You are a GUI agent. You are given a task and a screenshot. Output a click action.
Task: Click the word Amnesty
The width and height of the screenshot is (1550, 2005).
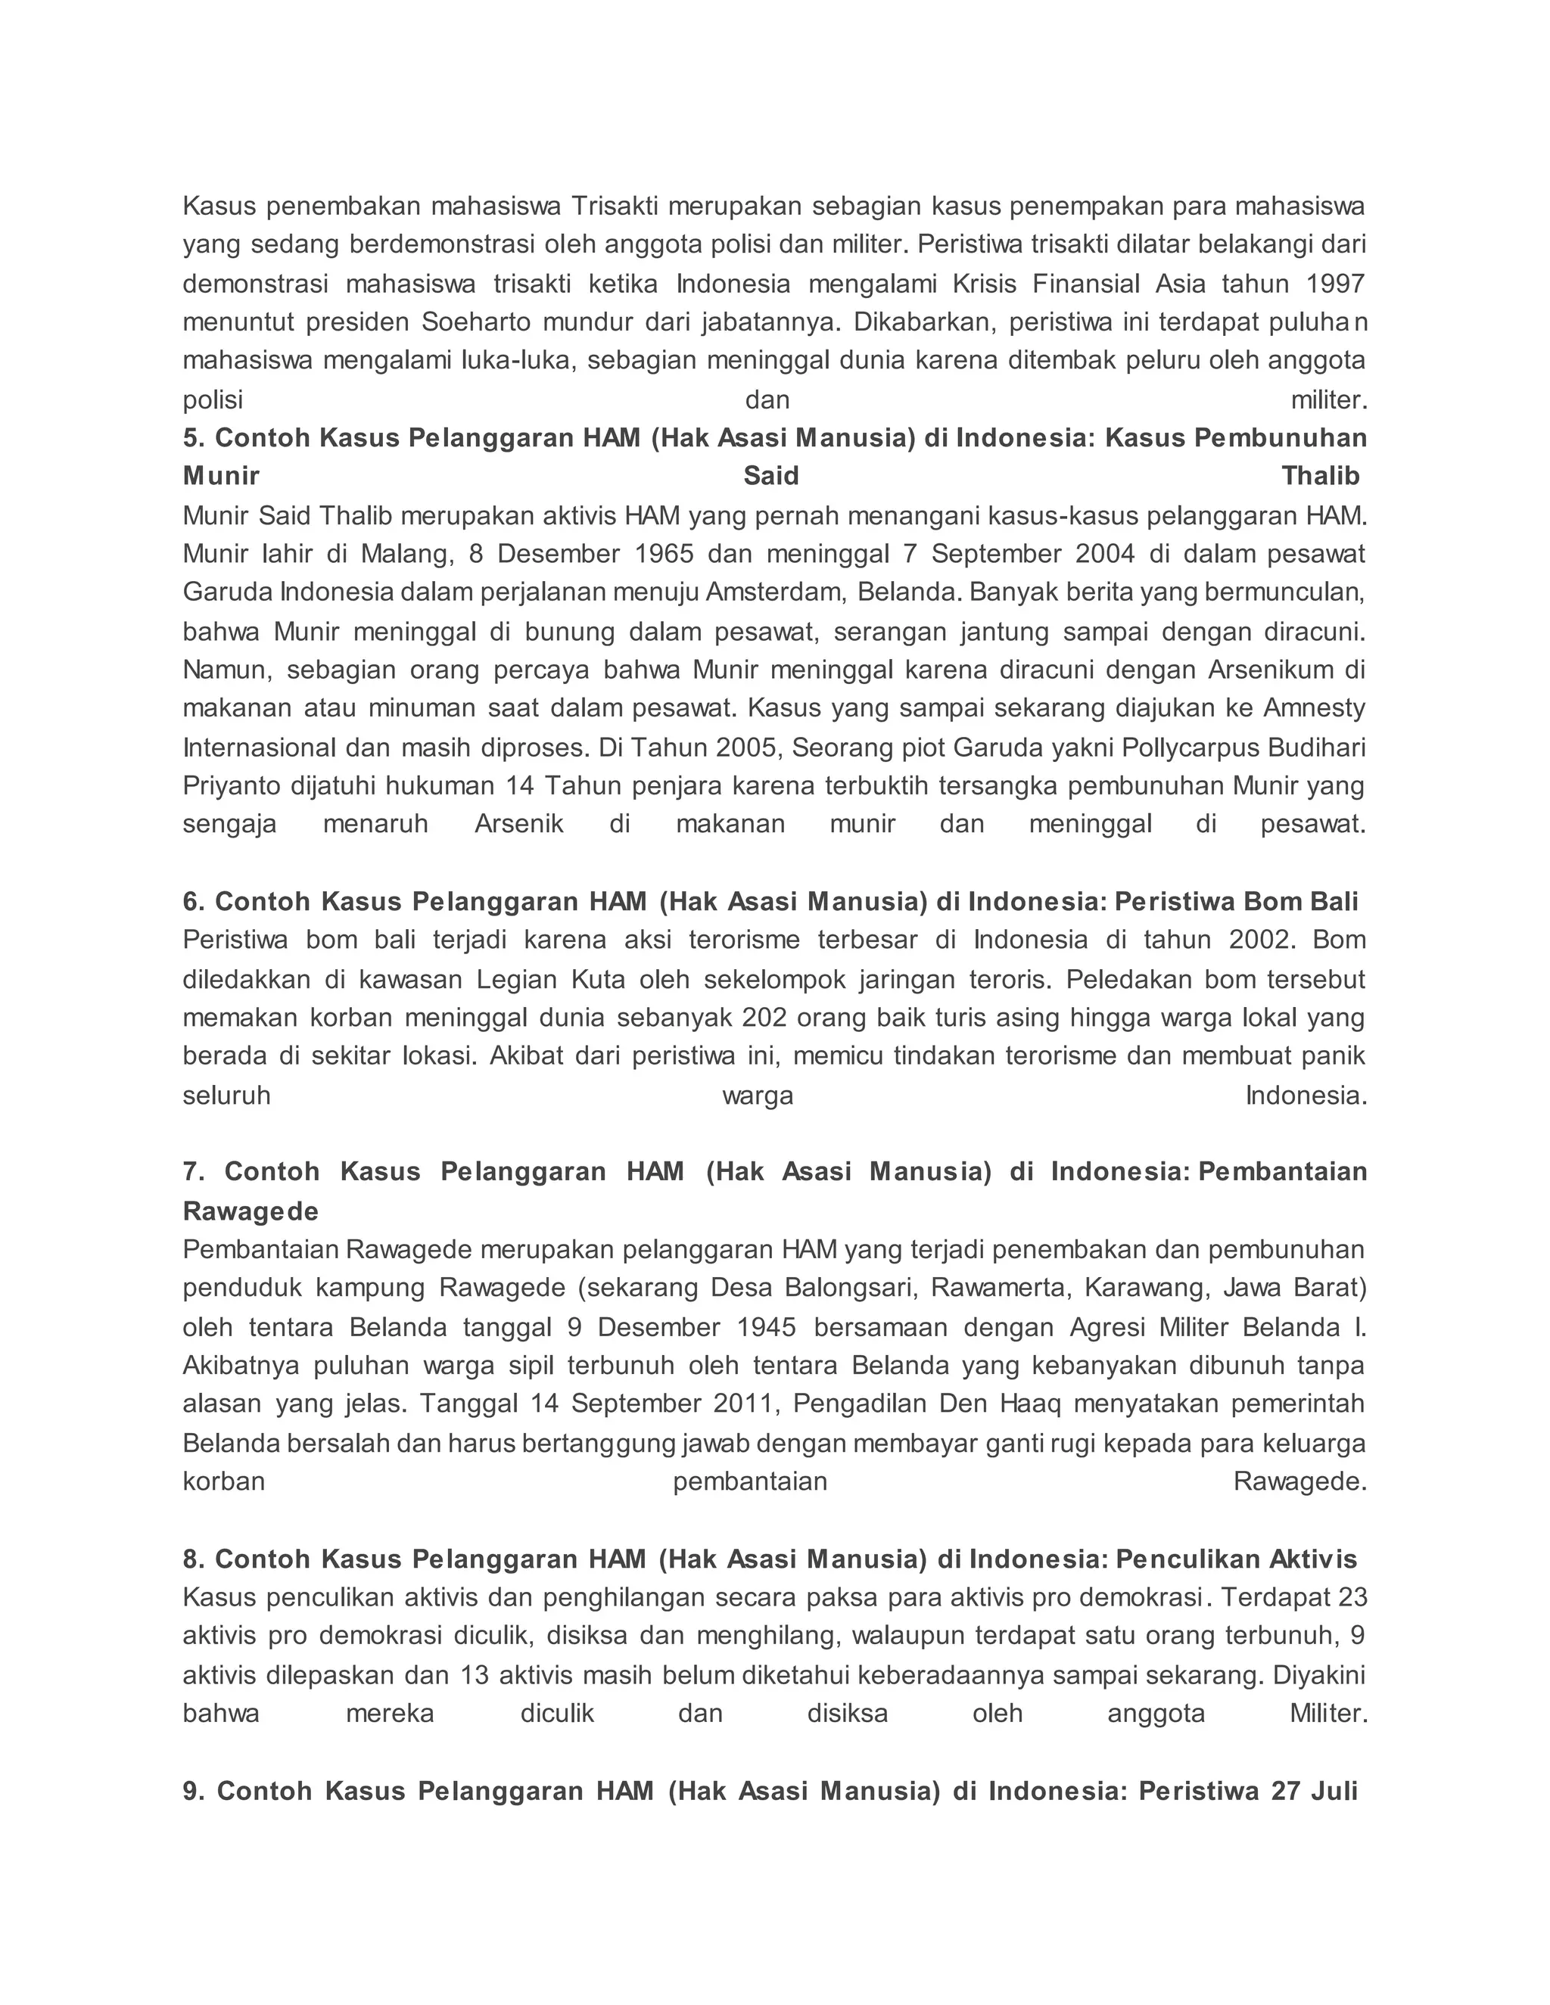pos(1314,709)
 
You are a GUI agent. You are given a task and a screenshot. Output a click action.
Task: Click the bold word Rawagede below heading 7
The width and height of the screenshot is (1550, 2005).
pos(250,1212)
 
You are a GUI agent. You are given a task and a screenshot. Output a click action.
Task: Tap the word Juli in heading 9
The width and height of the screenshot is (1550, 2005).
pos(1334,1792)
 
